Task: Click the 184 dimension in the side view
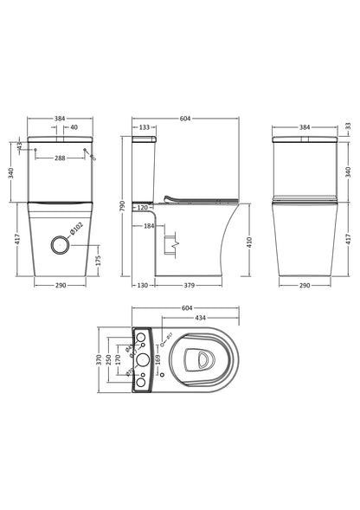point(149,227)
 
